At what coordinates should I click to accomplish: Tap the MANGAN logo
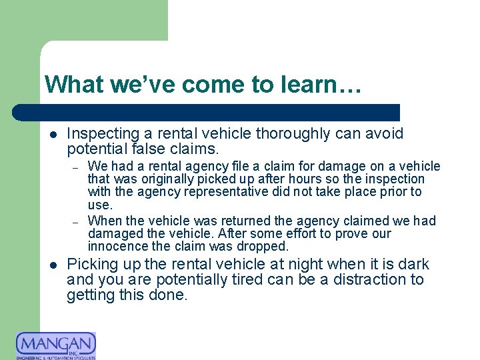tap(56, 345)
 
